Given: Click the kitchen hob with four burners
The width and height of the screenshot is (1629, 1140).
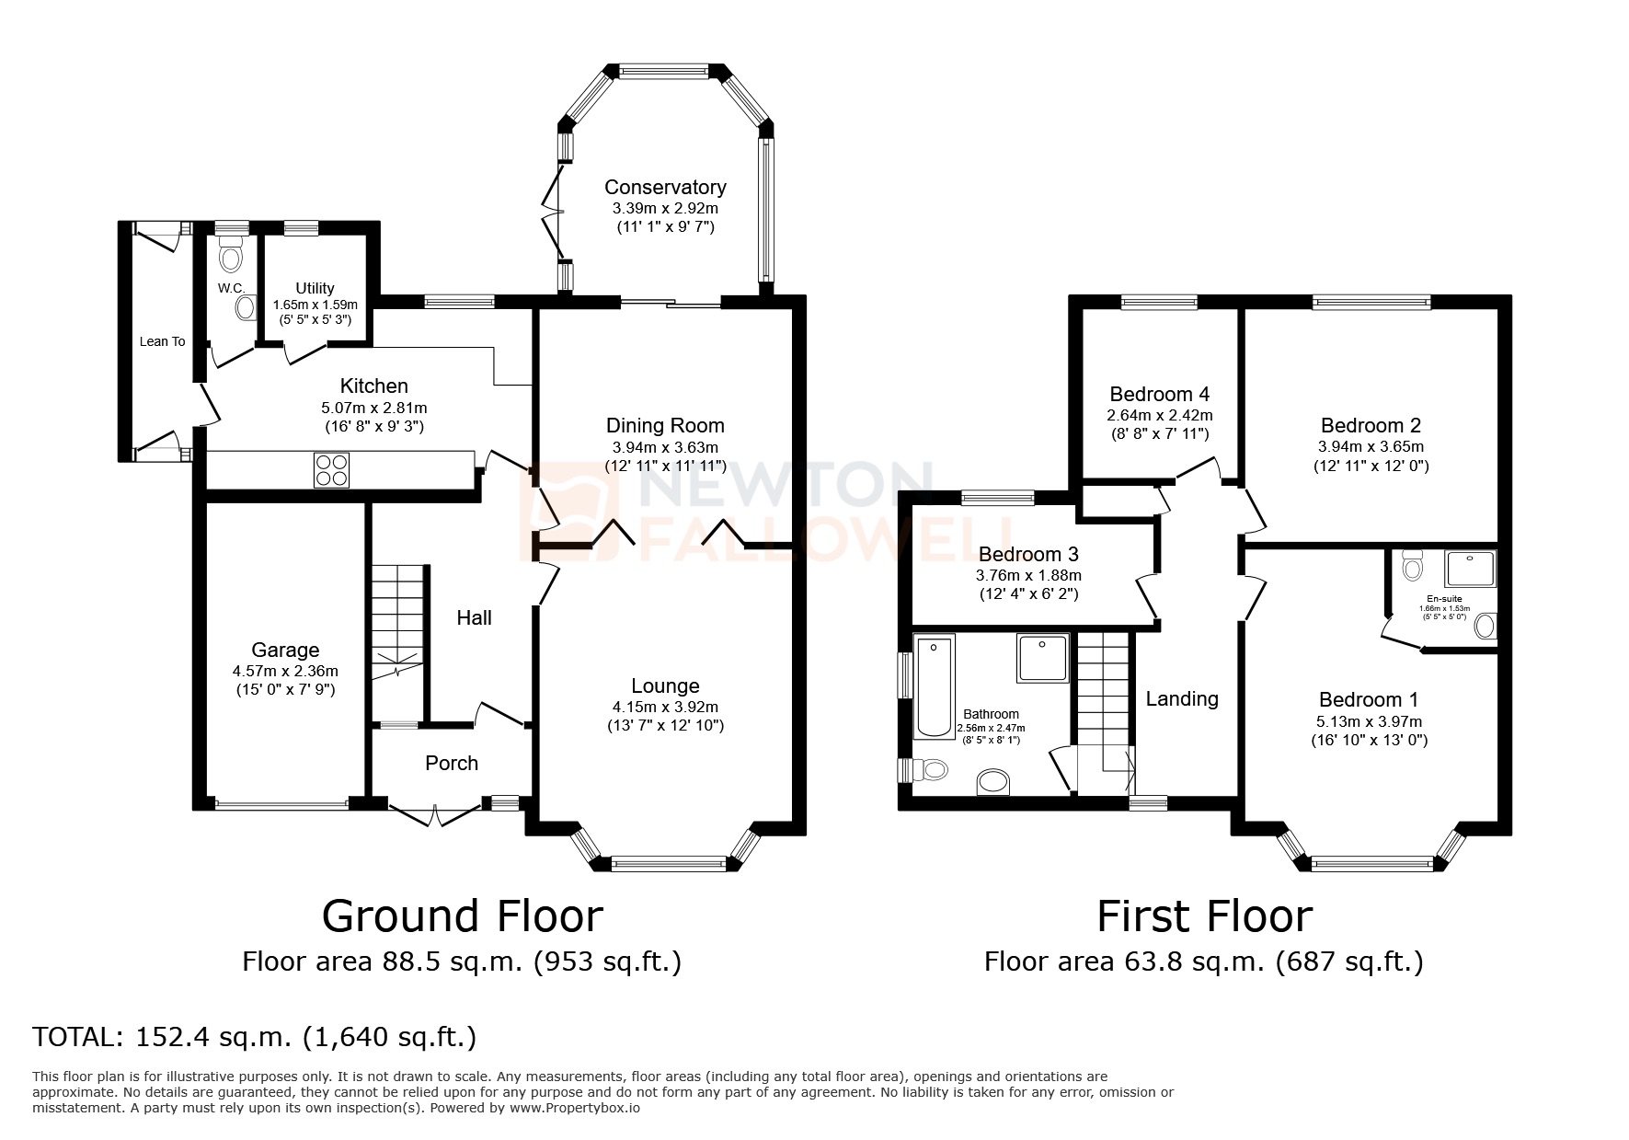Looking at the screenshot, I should pyautogui.click(x=331, y=470).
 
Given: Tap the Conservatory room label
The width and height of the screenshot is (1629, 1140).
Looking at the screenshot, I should pyautogui.click(x=665, y=187).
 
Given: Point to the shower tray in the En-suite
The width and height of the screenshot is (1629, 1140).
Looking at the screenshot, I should pyautogui.click(x=1470, y=569).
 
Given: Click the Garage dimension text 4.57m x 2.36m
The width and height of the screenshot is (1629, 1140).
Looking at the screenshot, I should pyautogui.click(x=285, y=671).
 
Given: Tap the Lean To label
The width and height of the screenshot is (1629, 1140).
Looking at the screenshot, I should pyautogui.click(x=162, y=341).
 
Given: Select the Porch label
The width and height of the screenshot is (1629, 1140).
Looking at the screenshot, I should pyautogui.click(x=452, y=763).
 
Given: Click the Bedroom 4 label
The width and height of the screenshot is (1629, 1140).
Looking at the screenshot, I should pyautogui.click(x=1159, y=394).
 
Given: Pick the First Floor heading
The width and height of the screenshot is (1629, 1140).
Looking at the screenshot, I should pyautogui.click(x=1204, y=915).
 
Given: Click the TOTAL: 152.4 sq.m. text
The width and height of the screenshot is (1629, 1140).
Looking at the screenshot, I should pyautogui.click(x=254, y=1037).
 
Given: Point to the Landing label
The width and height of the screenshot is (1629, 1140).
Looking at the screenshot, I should pyautogui.click(x=1182, y=698).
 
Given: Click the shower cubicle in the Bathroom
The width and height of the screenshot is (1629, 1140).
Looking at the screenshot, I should pyautogui.click(x=1043, y=657).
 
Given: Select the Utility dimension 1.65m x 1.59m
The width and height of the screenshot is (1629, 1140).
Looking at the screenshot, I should pyautogui.click(x=315, y=305).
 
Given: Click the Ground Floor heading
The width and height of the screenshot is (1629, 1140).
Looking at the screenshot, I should pyautogui.click(x=462, y=915).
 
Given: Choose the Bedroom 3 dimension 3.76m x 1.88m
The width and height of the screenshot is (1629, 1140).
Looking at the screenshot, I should pyautogui.click(x=1028, y=575).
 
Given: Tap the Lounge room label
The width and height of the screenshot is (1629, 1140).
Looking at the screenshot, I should pyautogui.click(x=665, y=685).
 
